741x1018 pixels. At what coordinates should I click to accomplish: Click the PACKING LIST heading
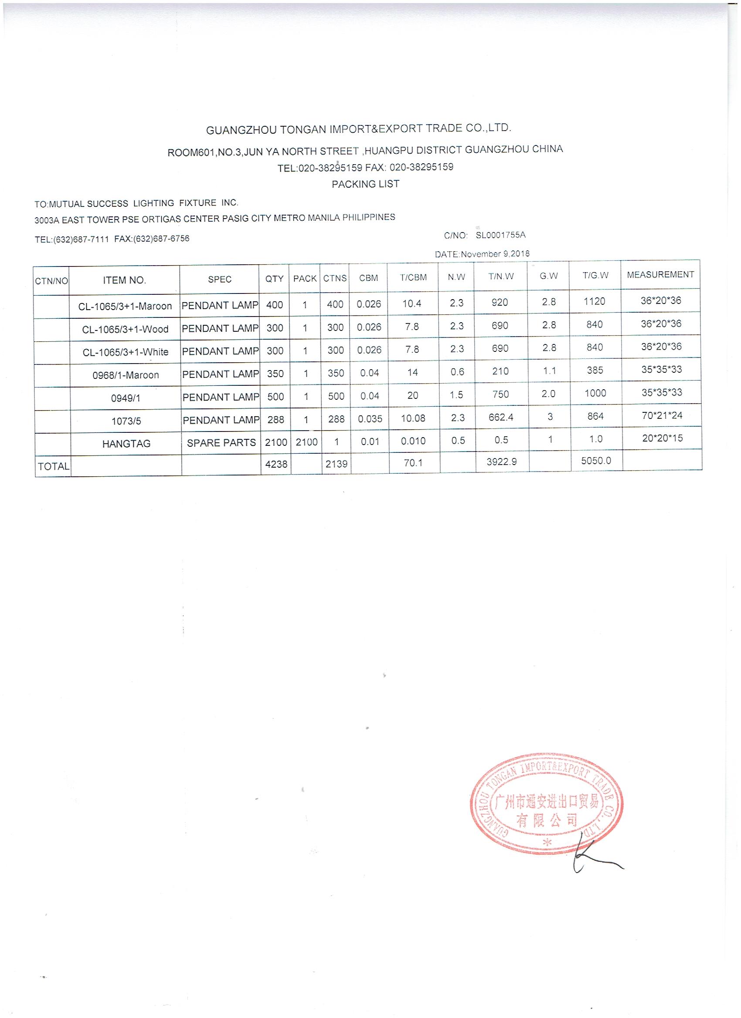point(365,184)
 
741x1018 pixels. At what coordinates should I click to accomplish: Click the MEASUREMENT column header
point(660,274)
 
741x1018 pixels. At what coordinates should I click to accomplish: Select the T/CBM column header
point(413,277)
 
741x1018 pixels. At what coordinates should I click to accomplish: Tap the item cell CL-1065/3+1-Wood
point(125,329)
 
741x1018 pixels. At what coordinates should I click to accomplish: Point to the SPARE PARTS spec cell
point(221,442)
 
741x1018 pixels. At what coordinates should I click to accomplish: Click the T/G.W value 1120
point(595,302)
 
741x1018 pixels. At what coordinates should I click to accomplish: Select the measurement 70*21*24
point(662,415)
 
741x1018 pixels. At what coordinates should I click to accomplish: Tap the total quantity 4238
point(276,464)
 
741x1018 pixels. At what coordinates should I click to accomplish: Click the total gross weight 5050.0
point(595,461)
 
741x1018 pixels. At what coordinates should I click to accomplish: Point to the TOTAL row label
point(54,466)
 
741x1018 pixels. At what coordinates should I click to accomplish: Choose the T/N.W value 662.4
point(500,417)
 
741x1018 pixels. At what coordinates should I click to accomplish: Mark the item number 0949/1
point(126,398)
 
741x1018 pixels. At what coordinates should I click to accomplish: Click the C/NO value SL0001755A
point(500,235)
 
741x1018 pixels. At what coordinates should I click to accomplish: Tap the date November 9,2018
point(495,253)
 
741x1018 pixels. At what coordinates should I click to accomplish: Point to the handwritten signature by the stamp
point(593,859)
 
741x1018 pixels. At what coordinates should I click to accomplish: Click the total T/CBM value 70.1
point(412,462)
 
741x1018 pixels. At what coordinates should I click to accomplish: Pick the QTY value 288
point(275,419)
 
